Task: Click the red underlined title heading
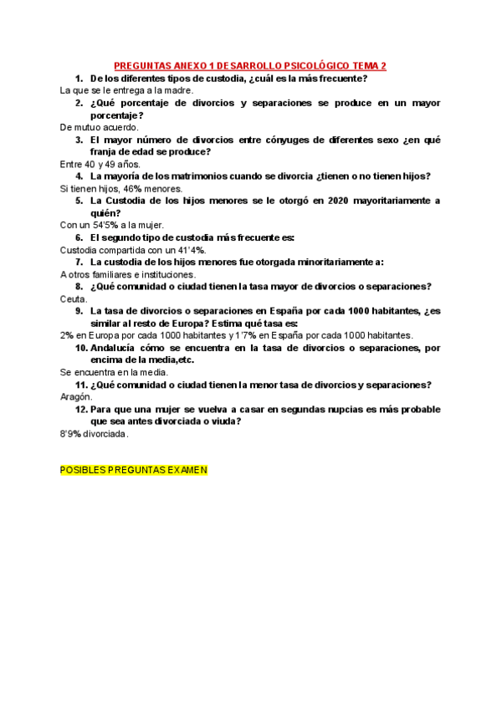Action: [x=249, y=66]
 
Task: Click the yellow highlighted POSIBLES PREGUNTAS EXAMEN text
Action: [x=134, y=470]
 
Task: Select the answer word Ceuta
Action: [x=74, y=298]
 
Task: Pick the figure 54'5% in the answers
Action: [x=106, y=225]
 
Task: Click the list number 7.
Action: [x=79, y=262]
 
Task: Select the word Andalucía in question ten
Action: [x=117, y=348]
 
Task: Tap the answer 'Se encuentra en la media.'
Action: [x=115, y=372]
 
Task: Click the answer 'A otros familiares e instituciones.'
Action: [x=128, y=274]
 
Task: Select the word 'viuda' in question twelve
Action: [x=225, y=421]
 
